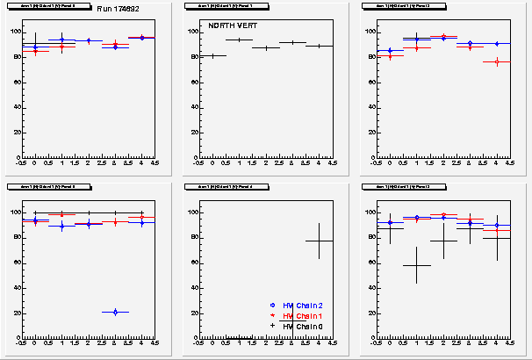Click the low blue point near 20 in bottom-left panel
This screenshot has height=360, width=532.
pyautogui.click(x=115, y=312)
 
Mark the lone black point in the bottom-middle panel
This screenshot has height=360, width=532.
pyautogui.click(x=319, y=241)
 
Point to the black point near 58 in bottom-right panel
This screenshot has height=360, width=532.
pyautogui.click(x=416, y=264)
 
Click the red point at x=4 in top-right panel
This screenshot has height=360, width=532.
pyautogui.click(x=496, y=61)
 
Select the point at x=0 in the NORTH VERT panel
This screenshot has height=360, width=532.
pyautogui.click(x=212, y=55)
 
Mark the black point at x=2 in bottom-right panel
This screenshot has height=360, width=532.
pyautogui.click(x=443, y=241)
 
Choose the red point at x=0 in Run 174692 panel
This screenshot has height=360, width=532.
pyautogui.click(x=34, y=51)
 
